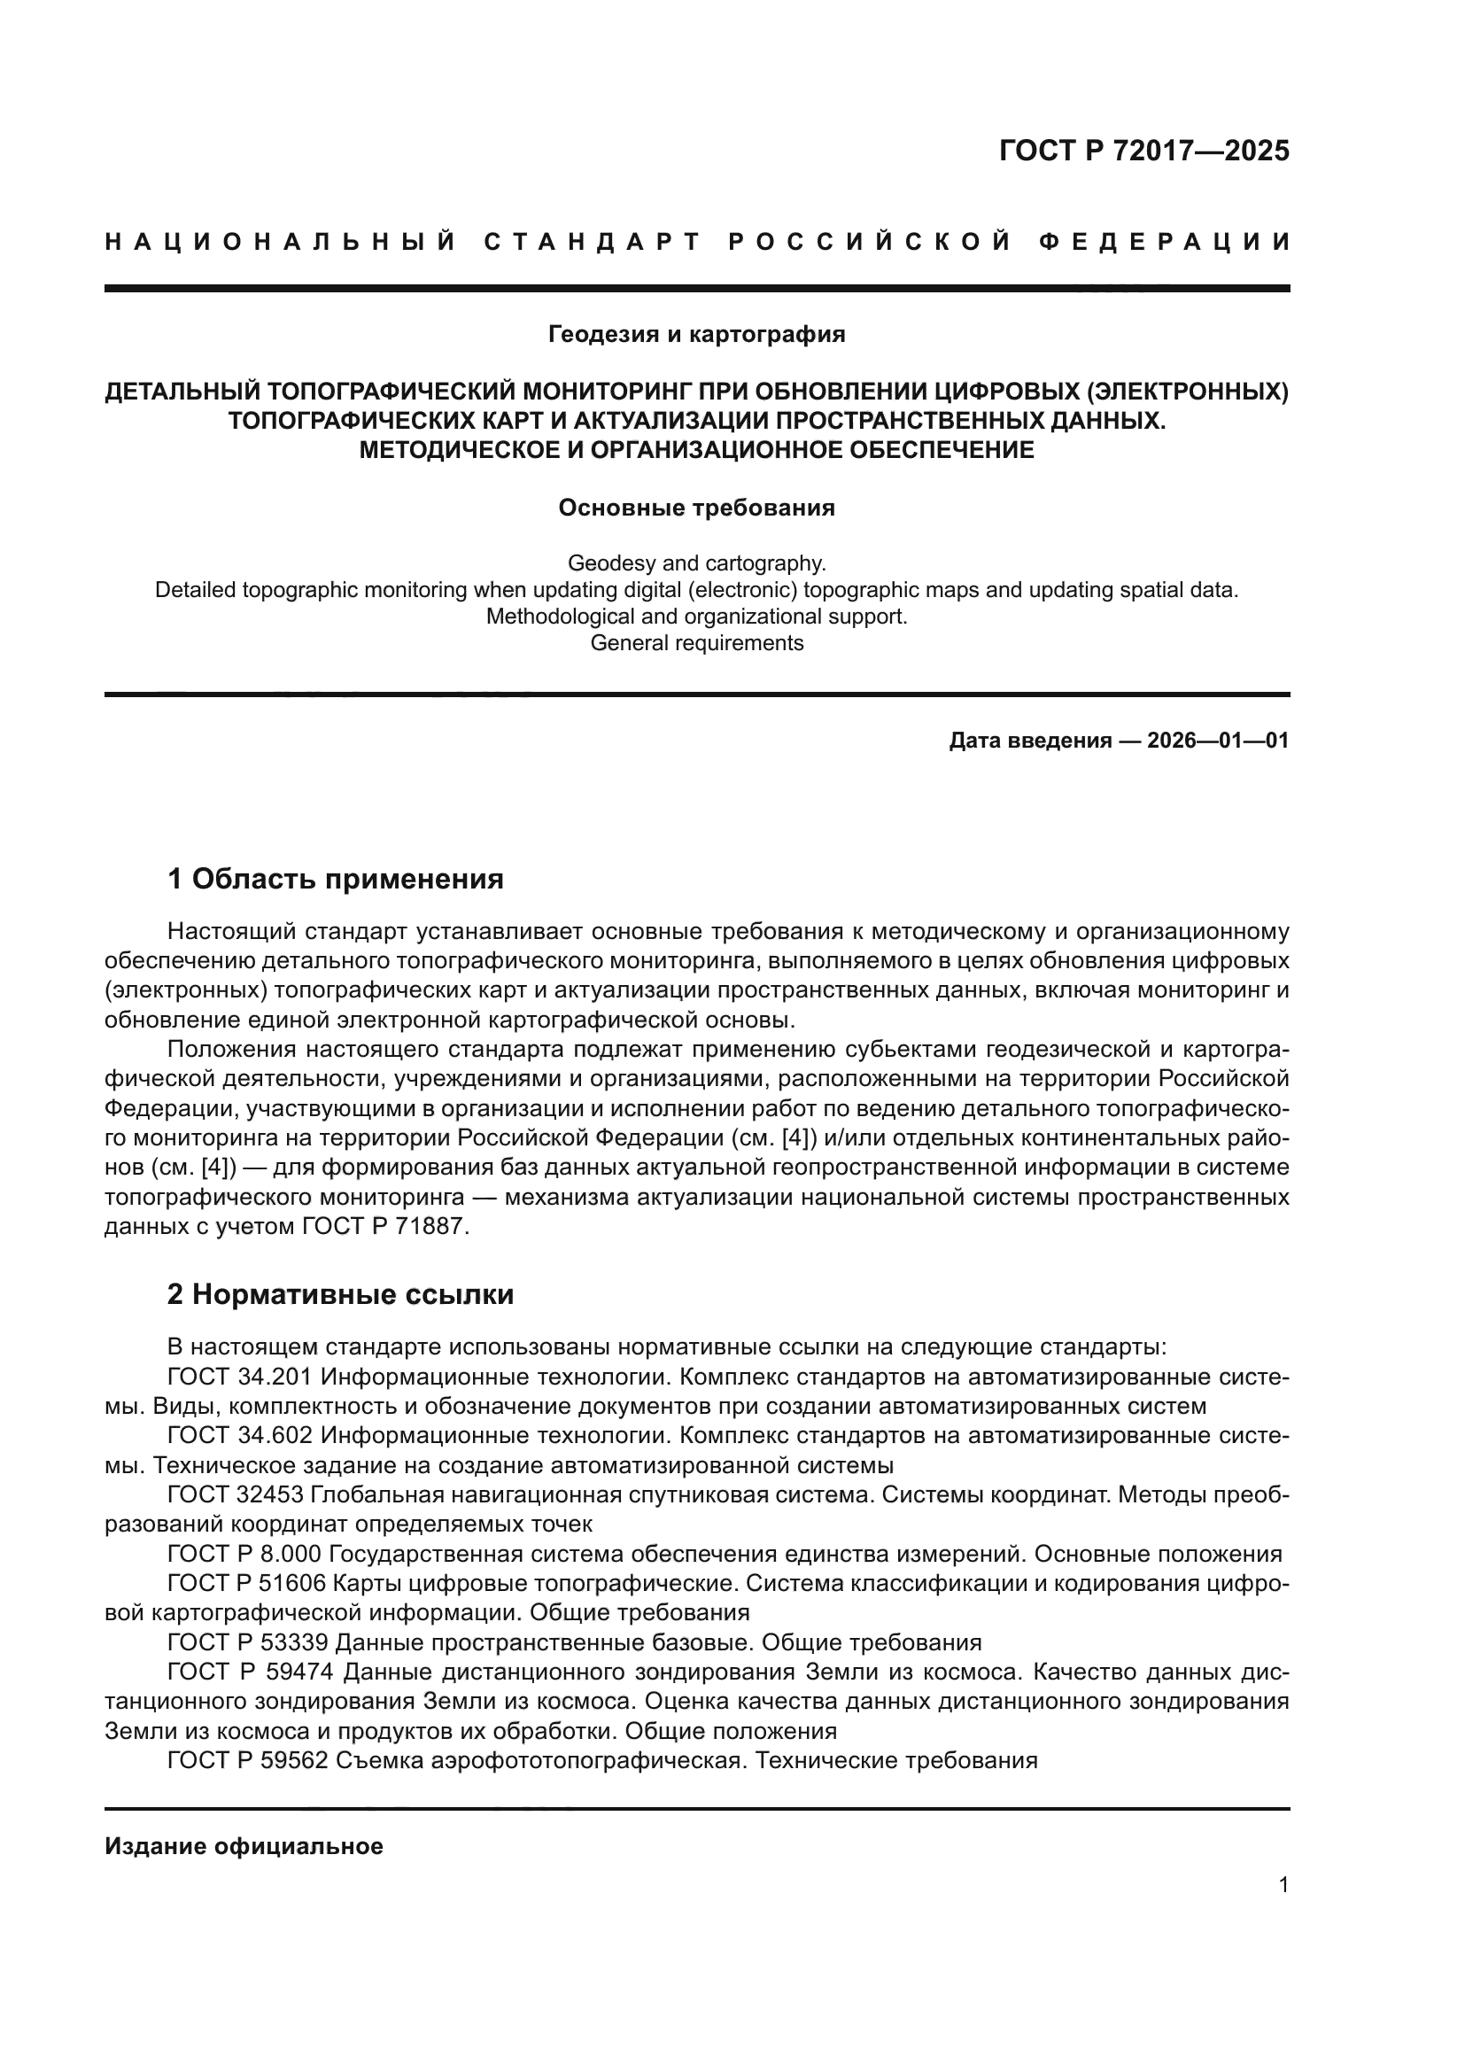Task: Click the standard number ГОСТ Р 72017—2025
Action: [1143, 151]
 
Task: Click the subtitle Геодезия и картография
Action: [696, 335]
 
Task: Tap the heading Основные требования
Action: [696, 508]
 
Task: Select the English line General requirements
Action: [696, 642]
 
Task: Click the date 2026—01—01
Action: [1217, 741]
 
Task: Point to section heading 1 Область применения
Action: [336, 878]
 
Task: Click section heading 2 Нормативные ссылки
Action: [340, 1294]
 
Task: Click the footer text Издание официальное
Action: [244, 1846]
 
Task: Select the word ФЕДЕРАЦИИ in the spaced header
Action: [1164, 242]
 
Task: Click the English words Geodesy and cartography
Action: [696, 563]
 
